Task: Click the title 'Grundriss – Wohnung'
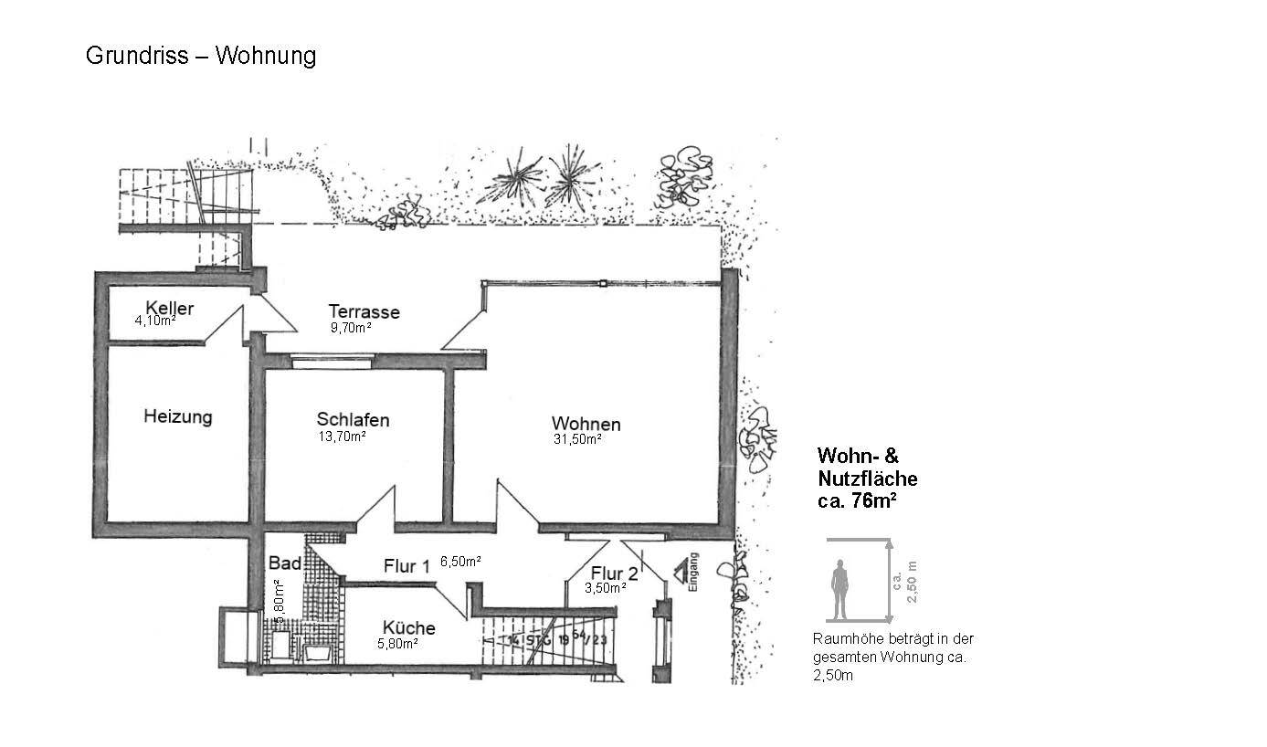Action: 201,56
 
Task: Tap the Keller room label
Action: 169,308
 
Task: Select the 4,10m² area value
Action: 155,321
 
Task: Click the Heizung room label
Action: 177,417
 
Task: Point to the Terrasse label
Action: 364,312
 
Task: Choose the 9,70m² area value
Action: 351,327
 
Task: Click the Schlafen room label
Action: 353,420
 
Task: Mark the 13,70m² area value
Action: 342,437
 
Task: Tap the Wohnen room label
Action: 586,425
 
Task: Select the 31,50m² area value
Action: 576,439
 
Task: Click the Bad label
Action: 279,563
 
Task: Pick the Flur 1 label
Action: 406,567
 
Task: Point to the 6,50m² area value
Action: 460,562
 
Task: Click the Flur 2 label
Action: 614,574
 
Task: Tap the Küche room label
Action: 408,628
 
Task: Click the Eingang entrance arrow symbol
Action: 681,573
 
